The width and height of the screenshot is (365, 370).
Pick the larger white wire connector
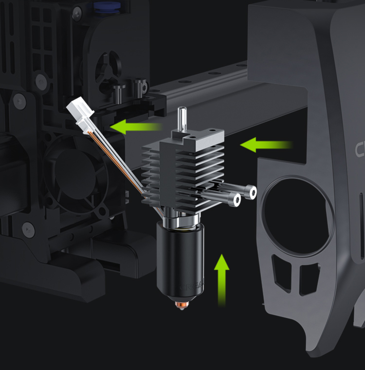[x=80, y=108]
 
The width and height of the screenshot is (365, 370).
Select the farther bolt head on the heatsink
[x=251, y=193]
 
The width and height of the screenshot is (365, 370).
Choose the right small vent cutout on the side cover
[x=309, y=278]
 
